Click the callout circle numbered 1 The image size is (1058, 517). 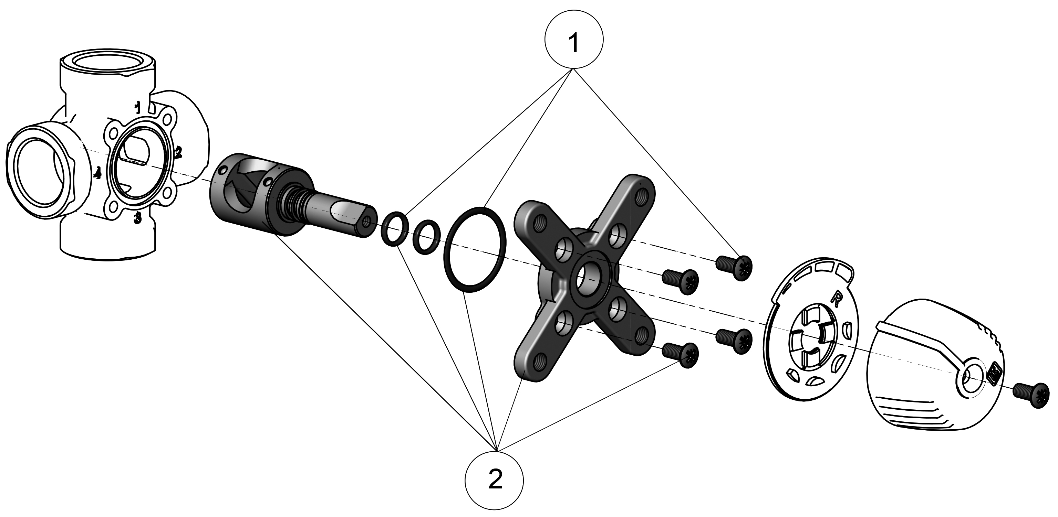(x=574, y=40)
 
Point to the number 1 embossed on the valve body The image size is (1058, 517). (x=138, y=108)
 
